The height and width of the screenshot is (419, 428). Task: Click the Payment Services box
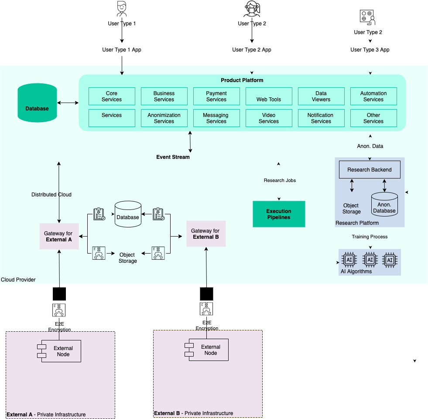coord(216,96)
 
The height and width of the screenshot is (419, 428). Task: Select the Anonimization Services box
coord(164,118)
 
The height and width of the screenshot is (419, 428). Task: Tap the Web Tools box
coord(269,96)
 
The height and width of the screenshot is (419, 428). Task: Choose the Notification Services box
coord(321,118)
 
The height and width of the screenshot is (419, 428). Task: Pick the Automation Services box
coord(373,96)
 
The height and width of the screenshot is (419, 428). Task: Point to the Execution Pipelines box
coord(279,214)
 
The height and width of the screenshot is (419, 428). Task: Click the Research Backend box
coord(370,169)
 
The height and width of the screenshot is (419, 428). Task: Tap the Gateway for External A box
coord(59,237)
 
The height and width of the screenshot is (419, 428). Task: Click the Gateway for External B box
coord(205,234)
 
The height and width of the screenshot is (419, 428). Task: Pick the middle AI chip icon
coord(370,260)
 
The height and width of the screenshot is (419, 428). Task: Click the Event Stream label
coord(173,157)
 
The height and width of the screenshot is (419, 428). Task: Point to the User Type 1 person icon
coord(122,9)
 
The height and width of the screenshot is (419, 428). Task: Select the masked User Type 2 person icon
coord(252,9)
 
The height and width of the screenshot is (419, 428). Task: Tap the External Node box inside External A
coord(59,351)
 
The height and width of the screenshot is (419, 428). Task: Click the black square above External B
coord(206,294)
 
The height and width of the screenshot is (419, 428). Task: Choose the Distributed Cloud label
coord(51,195)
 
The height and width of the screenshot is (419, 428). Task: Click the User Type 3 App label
coord(370,50)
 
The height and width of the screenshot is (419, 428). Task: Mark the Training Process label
coord(370,237)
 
